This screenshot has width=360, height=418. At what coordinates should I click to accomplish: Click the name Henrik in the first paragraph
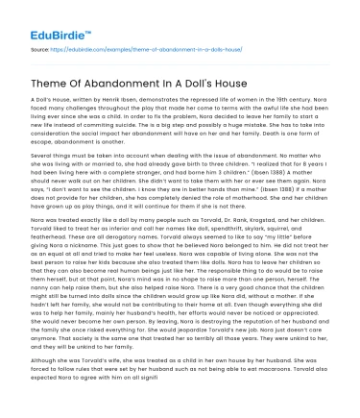[x=119, y=99]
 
